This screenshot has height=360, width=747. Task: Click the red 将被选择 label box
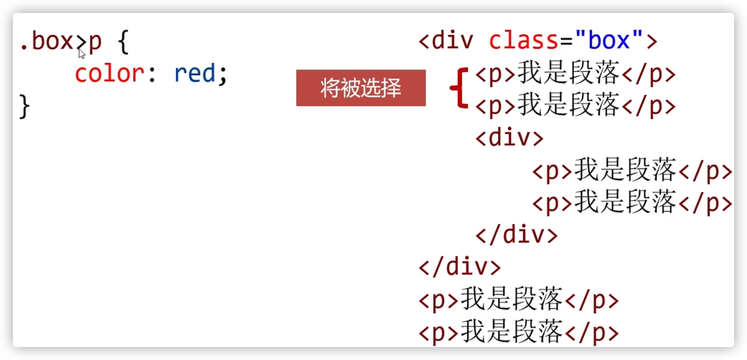pyautogui.click(x=361, y=88)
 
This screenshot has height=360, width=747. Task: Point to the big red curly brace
pyautogui.click(x=459, y=88)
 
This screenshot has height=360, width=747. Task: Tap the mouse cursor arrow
pyautogui.click(x=82, y=54)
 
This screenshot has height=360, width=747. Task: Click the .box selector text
pyautogui.click(x=47, y=41)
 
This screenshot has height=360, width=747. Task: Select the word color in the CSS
pyautogui.click(x=109, y=74)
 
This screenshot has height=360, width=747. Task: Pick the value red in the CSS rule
pyautogui.click(x=195, y=73)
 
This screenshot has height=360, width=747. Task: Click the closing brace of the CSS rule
pyautogui.click(x=24, y=106)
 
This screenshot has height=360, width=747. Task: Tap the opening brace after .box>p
pyautogui.click(x=123, y=42)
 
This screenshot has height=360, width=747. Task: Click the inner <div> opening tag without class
pyautogui.click(x=509, y=138)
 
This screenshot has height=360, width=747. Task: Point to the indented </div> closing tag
pyautogui.click(x=516, y=235)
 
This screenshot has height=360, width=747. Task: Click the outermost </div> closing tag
pyautogui.click(x=459, y=267)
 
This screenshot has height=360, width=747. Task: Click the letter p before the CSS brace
pyautogui.click(x=95, y=43)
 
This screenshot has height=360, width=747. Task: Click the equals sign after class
pyautogui.click(x=566, y=41)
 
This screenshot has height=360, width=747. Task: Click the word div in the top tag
pyautogui.click(x=452, y=40)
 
